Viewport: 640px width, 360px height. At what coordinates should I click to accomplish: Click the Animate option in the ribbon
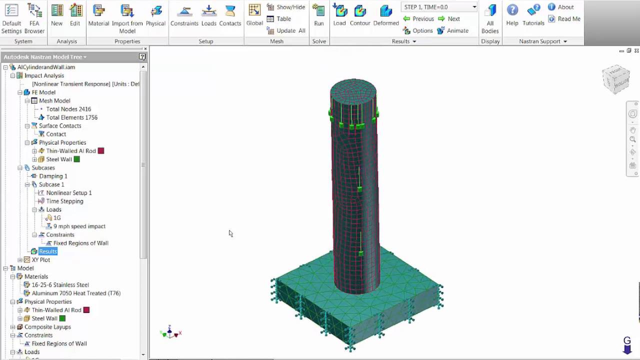452,30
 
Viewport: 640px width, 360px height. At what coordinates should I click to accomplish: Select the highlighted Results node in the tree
48,251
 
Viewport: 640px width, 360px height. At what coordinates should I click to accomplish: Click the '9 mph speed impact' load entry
79,226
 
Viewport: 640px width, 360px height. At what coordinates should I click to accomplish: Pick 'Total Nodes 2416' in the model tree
68,109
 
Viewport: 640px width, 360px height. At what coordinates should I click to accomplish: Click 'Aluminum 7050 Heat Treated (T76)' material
76,293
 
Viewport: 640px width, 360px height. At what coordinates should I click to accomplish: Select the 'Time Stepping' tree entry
64,201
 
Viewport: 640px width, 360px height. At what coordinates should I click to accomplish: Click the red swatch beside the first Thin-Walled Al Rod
101,151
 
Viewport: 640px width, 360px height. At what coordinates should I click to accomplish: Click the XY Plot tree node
40,260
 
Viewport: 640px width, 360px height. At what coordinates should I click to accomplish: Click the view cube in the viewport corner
615,78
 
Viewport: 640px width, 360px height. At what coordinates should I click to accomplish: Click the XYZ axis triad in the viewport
170,332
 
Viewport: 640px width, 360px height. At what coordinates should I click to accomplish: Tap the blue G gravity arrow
627,345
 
